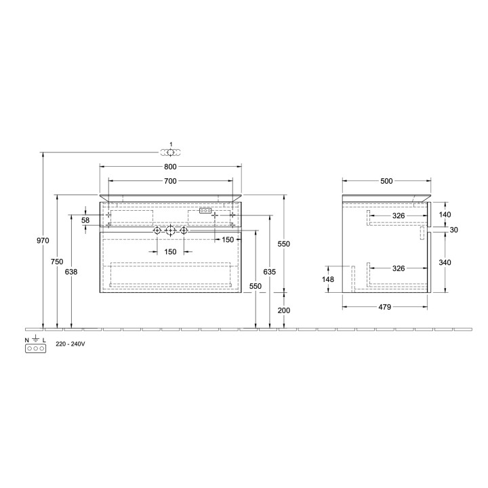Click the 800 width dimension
coord(170,167)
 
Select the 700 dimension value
coord(170,181)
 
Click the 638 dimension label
coord(71,272)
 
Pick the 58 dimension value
coord(85,220)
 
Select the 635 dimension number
coord(269,272)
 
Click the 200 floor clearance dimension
coord(284,310)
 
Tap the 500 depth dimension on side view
coord(386,181)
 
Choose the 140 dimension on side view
coord(445,214)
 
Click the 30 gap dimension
coord(454,230)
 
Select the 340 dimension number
coord(445,262)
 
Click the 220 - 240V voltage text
coord(70,344)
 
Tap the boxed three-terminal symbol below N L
coord(35,348)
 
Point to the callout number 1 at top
coord(171,145)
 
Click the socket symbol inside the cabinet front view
coord(205,211)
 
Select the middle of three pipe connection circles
coord(170,231)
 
